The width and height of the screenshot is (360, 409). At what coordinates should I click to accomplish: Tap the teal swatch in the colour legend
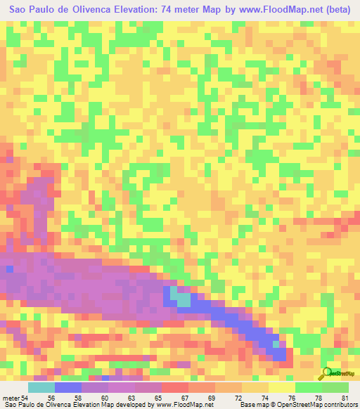click(41, 388)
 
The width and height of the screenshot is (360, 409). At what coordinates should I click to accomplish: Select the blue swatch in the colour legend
click(68, 388)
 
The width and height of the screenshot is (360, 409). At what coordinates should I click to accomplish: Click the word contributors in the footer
click(340, 405)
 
